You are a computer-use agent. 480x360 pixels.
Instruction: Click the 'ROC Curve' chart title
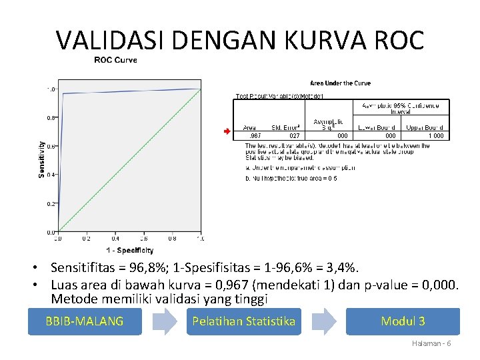(x=115, y=60)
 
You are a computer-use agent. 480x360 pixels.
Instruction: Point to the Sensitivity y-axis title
(x=42, y=159)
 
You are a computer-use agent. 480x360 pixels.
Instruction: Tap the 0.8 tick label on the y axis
(x=51, y=118)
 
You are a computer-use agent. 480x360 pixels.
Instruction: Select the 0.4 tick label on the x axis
(x=115, y=238)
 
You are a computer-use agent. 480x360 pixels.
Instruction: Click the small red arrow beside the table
(x=227, y=131)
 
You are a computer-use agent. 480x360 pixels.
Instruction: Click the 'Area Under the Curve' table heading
(x=340, y=83)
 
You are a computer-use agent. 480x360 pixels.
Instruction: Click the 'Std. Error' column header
(x=285, y=127)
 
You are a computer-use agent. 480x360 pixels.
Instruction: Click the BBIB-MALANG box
(x=85, y=321)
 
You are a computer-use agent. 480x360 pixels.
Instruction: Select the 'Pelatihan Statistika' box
(x=243, y=321)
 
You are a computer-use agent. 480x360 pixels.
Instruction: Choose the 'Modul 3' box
(x=403, y=321)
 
